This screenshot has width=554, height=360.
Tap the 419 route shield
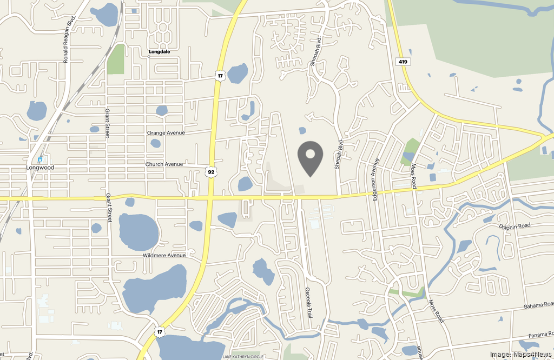click(403, 62)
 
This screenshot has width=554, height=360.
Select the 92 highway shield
click(211, 172)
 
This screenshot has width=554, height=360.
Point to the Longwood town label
click(40, 168)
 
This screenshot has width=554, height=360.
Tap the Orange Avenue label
click(166, 133)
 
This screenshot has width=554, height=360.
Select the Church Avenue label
click(164, 164)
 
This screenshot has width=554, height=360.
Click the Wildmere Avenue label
click(164, 256)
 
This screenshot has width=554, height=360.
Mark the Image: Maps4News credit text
click(520, 354)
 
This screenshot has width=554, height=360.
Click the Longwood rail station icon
click(40, 159)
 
